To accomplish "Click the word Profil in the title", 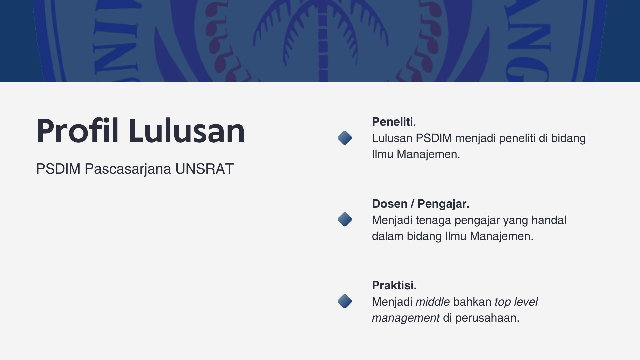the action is click(x=77, y=131).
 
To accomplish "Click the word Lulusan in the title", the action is click(x=187, y=131).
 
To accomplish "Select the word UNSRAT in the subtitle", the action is click(x=204, y=169).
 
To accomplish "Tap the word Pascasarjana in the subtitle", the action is click(x=128, y=169).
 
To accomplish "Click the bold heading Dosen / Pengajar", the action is click(x=421, y=204).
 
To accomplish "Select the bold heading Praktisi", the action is click(x=394, y=285).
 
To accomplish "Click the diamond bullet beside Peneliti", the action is click(x=345, y=138).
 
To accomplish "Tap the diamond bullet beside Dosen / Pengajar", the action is click(x=345, y=220).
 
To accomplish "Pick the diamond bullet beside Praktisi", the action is click(x=345, y=301).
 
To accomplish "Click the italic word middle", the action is click(x=433, y=302).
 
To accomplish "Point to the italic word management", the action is click(x=406, y=318).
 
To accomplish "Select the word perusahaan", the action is click(x=487, y=318).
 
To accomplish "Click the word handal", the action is click(x=549, y=220).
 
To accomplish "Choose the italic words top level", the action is click(x=516, y=302).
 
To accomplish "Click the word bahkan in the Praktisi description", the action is click(x=472, y=302).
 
